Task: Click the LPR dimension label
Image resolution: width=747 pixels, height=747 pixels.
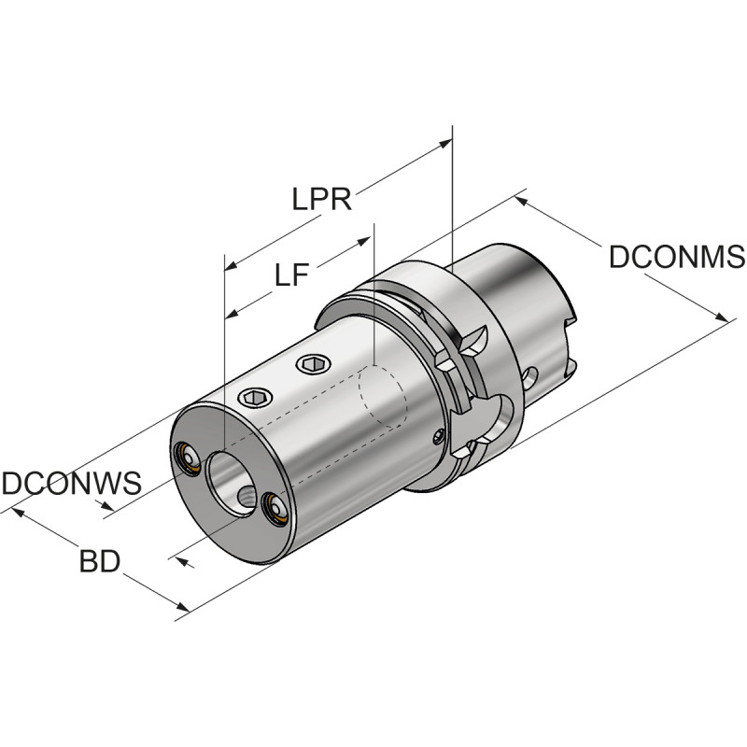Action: coord(321,200)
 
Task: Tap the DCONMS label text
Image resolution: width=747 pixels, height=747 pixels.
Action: coord(676,257)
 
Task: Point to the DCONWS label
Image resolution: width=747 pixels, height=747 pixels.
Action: coord(71,484)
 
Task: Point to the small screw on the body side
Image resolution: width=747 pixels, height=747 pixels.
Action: coord(440,435)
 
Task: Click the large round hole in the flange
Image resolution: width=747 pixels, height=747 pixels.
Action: coord(501,412)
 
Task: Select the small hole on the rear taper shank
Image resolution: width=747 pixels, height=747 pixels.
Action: coord(531,377)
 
